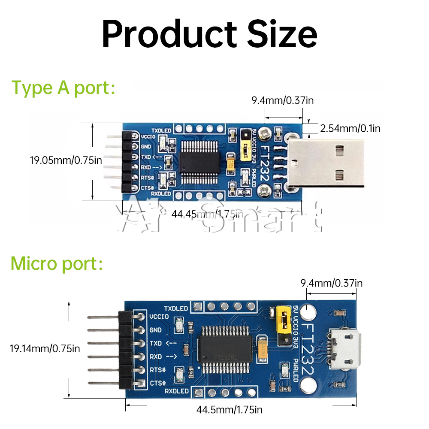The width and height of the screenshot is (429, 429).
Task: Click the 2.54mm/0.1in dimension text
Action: [350, 128]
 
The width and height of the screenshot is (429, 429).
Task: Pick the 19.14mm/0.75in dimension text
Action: [45, 348]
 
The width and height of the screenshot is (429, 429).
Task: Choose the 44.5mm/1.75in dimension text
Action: [229, 409]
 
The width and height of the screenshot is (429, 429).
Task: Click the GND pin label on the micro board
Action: [155, 330]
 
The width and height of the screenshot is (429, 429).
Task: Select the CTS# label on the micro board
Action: [156, 383]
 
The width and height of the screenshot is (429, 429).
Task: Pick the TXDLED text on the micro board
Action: [176, 308]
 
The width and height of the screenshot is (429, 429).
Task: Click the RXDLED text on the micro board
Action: [176, 391]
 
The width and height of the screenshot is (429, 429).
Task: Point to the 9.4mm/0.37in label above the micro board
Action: [331, 283]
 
